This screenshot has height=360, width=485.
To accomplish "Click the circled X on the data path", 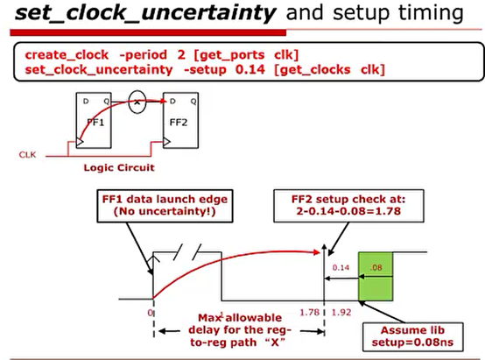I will coord(137,102).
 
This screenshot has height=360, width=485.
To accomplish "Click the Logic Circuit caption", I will coord(117,166).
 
